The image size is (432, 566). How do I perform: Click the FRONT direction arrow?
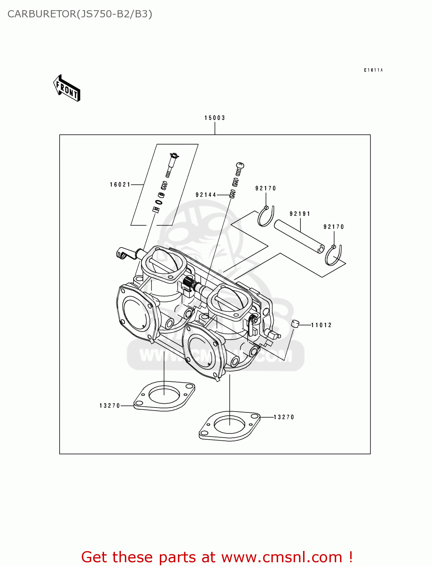(67, 88)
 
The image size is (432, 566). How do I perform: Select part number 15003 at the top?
(214, 118)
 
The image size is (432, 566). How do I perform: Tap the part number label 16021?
(120, 185)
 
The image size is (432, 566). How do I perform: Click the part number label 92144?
(206, 195)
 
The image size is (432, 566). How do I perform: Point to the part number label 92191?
(300, 214)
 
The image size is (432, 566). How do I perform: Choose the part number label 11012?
(321, 325)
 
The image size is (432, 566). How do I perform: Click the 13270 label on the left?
(110, 406)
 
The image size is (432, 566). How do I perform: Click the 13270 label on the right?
(283, 417)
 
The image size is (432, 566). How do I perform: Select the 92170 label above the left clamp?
(265, 188)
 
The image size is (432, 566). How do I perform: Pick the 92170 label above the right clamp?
(334, 227)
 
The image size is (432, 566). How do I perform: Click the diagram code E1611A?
(373, 70)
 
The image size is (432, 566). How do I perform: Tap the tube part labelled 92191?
(299, 236)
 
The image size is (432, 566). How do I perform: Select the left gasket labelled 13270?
(164, 396)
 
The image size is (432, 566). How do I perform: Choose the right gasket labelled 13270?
(229, 426)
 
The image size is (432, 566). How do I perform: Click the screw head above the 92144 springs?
(240, 165)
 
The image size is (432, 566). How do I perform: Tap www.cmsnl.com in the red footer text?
(281, 557)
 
